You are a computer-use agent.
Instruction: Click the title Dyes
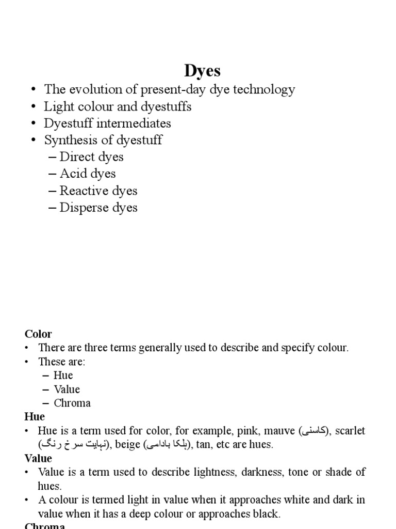point(202,71)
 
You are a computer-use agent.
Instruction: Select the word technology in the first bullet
point(262,89)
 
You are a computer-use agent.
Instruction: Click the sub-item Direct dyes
point(91,157)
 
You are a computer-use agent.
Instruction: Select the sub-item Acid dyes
point(87,174)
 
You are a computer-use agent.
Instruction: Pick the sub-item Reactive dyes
point(98,191)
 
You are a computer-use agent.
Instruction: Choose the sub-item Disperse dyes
point(98,208)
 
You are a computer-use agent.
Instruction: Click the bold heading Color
point(38,334)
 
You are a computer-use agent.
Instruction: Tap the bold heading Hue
point(35,416)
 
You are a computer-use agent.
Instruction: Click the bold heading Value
point(38,458)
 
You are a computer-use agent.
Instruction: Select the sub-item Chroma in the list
point(72,403)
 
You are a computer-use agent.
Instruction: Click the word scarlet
point(350,431)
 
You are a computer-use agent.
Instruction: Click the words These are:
point(61,362)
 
